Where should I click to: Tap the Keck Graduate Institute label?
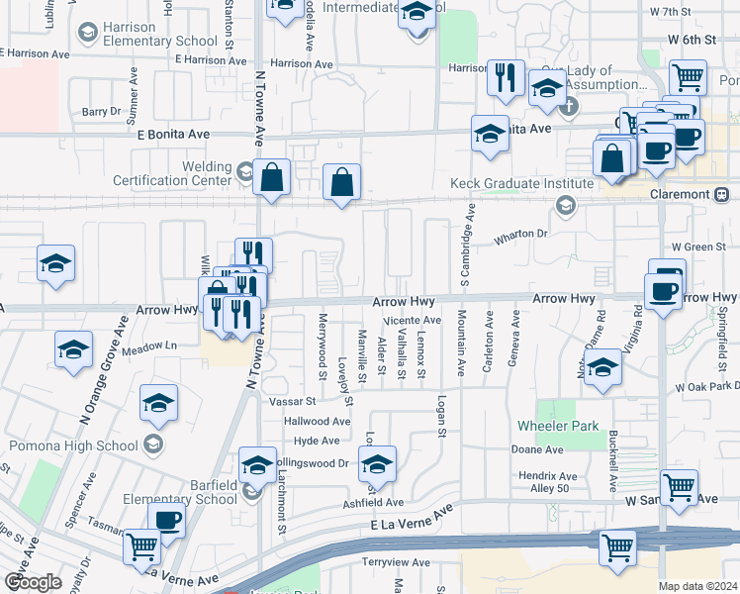coord(507,183)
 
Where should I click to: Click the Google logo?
coord(33,582)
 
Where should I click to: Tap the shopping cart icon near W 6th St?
coord(687,76)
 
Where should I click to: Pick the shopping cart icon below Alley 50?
coord(679,486)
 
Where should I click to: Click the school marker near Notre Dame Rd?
coord(601,368)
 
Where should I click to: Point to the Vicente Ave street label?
coord(413,320)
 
